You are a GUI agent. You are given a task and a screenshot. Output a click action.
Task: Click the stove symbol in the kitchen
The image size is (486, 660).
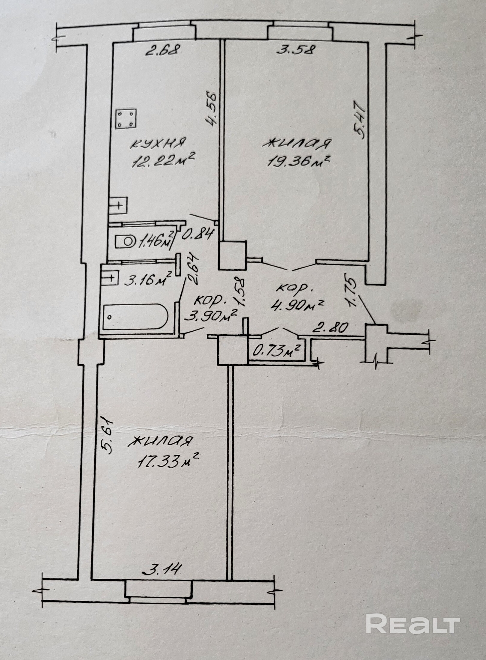click(126, 119)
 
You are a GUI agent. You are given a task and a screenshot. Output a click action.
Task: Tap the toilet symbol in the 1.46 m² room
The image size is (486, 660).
click(126, 241)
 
